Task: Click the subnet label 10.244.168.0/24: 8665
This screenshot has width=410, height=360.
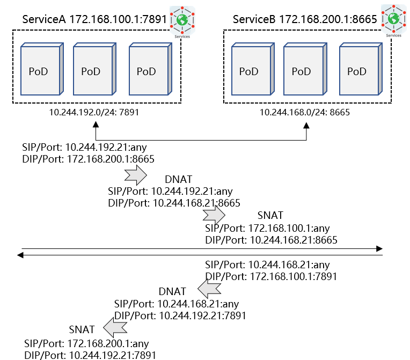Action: (x=305, y=113)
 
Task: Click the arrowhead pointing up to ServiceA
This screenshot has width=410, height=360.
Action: (x=96, y=124)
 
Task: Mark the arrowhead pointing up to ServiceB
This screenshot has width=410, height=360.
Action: (x=306, y=124)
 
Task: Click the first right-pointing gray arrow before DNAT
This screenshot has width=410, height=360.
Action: (x=135, y=175)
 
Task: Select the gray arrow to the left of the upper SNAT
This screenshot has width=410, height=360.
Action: (x=214, y=215)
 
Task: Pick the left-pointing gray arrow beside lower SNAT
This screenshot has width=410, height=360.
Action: (x=114, y=327)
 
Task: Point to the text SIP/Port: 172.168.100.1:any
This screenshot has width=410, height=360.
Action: (x=267, y=228)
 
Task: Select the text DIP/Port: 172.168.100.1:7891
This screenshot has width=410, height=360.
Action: (x=271, y=277)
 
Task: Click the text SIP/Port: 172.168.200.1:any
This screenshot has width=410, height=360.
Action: (x=86, y=343)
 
